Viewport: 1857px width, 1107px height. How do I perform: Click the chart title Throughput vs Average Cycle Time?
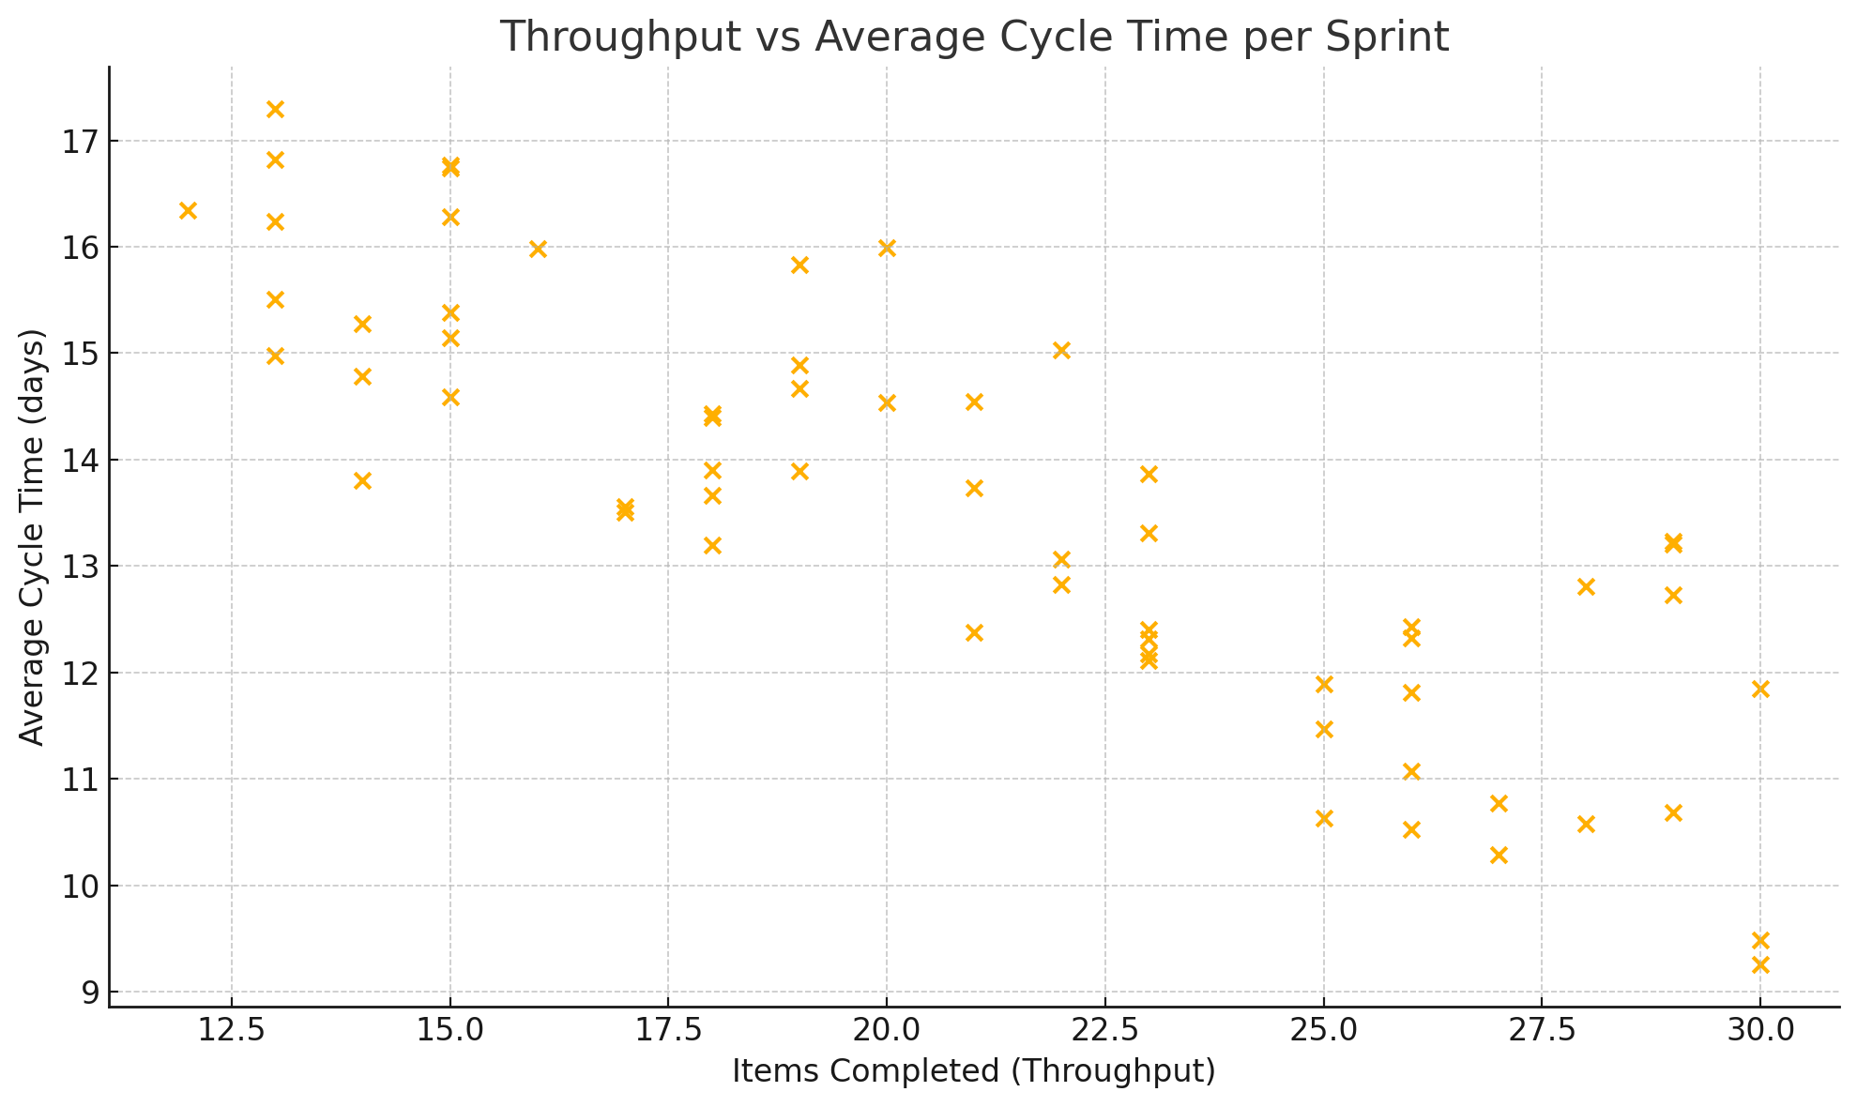click(974, 38)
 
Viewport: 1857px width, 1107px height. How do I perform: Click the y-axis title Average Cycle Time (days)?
click(32, 537)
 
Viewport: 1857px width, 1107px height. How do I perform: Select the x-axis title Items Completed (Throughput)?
click(974, 1070)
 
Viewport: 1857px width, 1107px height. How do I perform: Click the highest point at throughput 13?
click(275, 110)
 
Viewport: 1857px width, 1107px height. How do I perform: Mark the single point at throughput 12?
click(188, 210)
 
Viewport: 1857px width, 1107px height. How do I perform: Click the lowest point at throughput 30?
click(1760, 964)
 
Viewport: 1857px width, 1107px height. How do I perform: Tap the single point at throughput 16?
click(538, 249)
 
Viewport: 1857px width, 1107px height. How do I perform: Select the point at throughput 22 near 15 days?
click(1061, 351)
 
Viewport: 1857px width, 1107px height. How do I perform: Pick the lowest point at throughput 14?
click(362, 481)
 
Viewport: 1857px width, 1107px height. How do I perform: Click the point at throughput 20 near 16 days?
click(887, 249)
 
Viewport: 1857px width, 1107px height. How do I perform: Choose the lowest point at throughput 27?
click(1499, 855)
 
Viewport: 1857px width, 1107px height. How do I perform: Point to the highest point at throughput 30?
click(1760, 690)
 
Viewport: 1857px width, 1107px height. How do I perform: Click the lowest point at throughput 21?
click(974, 633)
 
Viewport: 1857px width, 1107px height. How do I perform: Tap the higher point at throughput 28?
click(1586, 587)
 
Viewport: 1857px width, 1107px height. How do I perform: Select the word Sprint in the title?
click(1395, 38)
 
